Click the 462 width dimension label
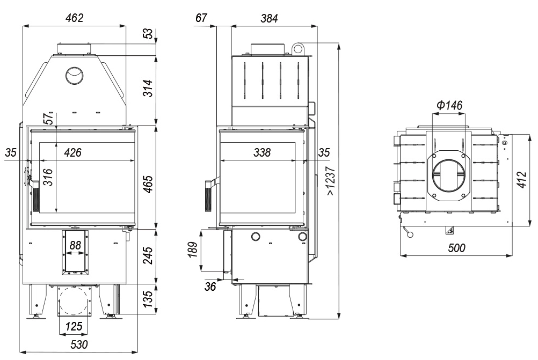tap(75, 18)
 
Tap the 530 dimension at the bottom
tap(79, 344)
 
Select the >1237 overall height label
tap(331, 181)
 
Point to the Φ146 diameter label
tap(449, 105)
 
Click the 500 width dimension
tap(457, 247)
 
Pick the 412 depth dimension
tap(521, 180)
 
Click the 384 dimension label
tap(269, 18)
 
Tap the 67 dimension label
tap(201, 18)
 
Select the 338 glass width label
tap(262, 152)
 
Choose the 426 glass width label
tap(73, 152)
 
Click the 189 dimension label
tap(193, 250)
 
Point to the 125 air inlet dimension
tap(74, 326)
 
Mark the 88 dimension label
tap(75, 245)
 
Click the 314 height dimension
tap(148, 88)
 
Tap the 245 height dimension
tap(148, 255)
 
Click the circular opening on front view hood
tap(74, 75)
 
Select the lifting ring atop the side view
tap(297, 48)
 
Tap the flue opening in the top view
tap(449, 177)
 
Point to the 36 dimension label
tap(210, 286)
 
